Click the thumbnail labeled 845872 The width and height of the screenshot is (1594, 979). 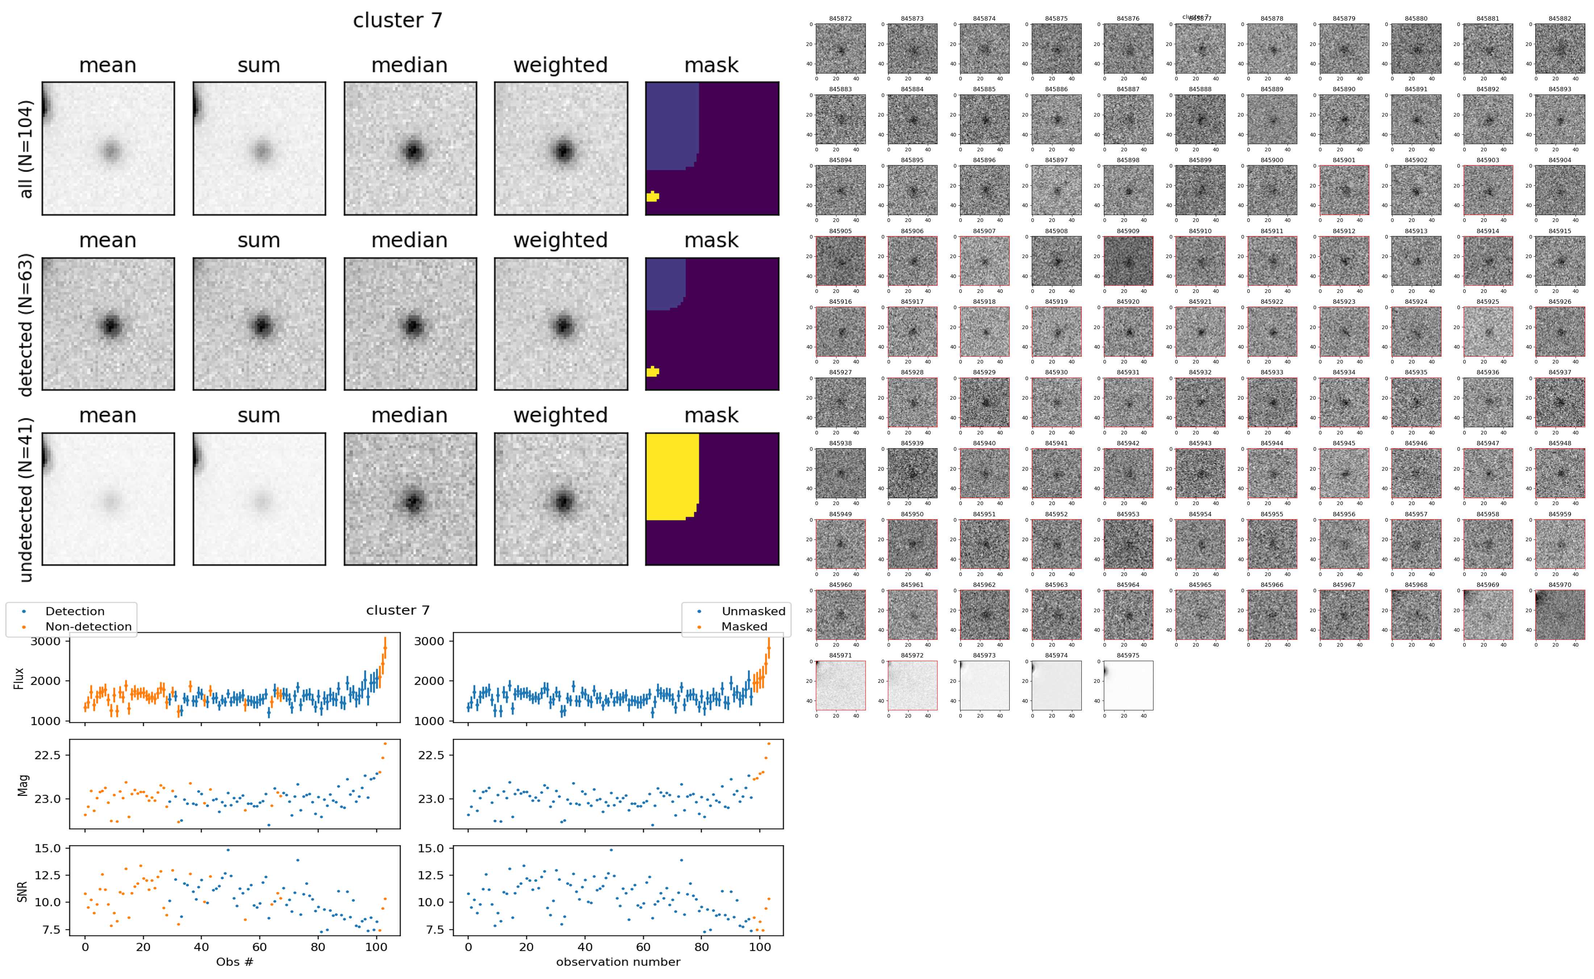click(x=840, y=49)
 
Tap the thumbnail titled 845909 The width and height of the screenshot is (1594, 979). click(x=1128, y=261)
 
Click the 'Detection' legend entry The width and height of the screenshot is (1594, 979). click(x=75, y=611)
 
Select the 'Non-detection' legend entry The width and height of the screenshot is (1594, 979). click(x=88, y=626)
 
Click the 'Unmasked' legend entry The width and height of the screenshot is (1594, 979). click(x=753, y=611)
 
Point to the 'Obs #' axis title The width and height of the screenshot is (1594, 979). click(x=234, y=962)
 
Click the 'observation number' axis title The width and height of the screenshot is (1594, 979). click(x=618, y=962)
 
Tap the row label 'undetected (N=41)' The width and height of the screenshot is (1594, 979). click(x=26, y=499)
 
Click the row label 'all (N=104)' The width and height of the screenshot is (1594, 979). click(x=26, y=148)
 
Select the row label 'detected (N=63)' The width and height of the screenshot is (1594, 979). click(x=26, y=324)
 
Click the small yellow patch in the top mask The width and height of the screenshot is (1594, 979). click(x=652, y=196)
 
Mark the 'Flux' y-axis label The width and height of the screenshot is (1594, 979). click(x=20, y=678)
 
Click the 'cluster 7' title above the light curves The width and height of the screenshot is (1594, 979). click(x=398, y=610)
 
